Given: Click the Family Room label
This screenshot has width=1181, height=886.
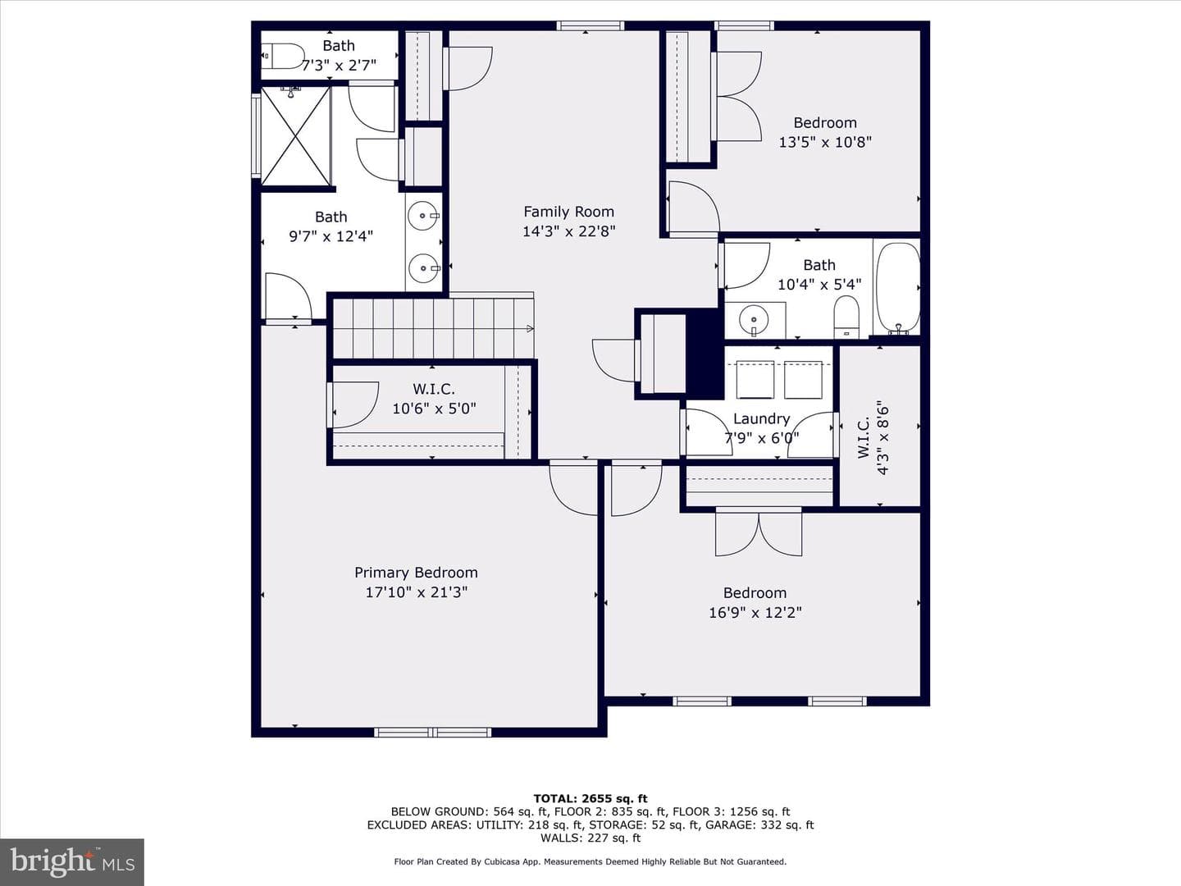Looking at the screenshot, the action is tap(568, 212).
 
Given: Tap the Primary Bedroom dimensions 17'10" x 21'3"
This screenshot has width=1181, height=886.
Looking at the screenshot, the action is tap(417, 592).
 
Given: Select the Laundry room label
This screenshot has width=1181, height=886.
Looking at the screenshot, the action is tap(761, 418).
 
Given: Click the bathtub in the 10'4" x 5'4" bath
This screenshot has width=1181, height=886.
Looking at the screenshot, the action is tap(897, 287).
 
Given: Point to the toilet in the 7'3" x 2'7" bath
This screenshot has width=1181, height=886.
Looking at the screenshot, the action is tap(284, 56).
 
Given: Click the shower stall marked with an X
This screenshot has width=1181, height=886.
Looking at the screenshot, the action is tap(295, 135).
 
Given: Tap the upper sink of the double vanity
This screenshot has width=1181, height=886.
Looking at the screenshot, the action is tap(423, 216).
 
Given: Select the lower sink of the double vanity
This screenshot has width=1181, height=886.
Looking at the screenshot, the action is tap(423, 267).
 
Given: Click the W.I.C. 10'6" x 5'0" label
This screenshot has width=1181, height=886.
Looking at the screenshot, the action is tap(434, 399).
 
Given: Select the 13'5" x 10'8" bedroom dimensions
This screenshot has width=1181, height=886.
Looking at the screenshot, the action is tap(825, 142).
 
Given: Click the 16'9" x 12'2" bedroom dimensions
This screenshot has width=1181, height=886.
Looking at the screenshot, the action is tap(755, 613).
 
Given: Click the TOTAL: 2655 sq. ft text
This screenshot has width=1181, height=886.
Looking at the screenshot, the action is tap(590, 798).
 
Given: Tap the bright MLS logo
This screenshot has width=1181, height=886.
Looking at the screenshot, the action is tap(72, 861).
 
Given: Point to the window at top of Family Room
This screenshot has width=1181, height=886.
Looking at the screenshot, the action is tap(590, 25).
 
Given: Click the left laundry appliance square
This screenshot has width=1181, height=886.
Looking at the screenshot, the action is tap(755, 379).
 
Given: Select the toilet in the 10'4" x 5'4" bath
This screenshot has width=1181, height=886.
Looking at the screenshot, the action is tap(846, 317).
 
